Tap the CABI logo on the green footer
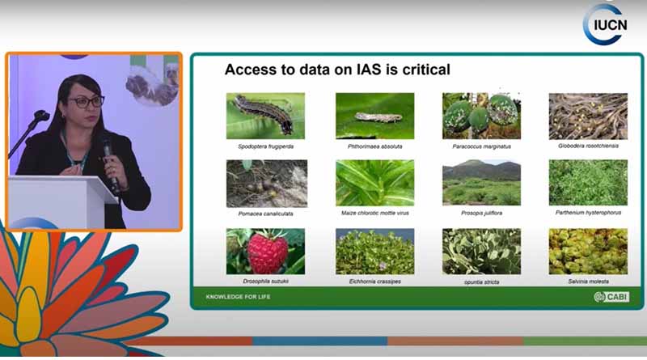(x=610, y=297)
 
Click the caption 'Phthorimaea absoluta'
(x=374, y=147)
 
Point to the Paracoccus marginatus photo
(x=481, y=116)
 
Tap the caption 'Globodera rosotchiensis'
(x=588, y=147)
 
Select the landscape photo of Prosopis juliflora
(x=481, y=183)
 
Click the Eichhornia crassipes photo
(x=374, y=251)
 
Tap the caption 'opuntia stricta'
(x=481, y=282)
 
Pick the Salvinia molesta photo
(x=588, y=251)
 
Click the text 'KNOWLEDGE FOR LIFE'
(x=237, y=297)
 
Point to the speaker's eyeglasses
(x=86, y=102)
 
